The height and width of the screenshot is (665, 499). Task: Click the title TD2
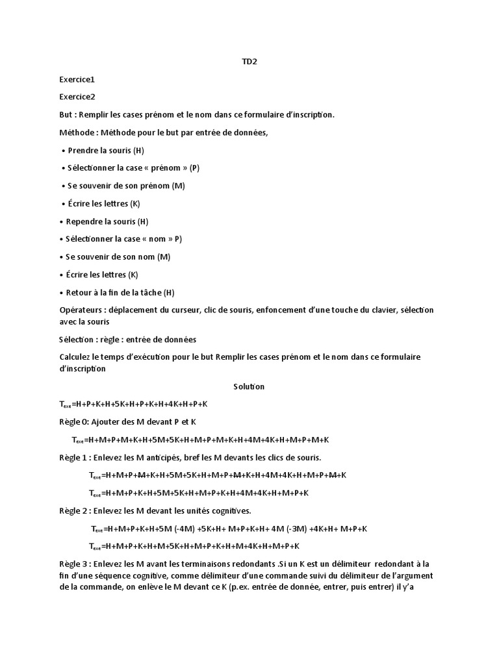(249, 62)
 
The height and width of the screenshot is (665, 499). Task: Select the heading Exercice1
(77, 80)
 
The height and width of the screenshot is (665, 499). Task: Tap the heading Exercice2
(77, 97)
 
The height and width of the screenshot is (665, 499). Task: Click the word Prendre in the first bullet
(82, 151)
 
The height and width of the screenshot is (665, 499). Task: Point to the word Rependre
(83, 221)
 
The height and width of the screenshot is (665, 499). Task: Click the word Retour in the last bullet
(79, 292)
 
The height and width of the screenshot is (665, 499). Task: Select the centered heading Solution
(249, 386)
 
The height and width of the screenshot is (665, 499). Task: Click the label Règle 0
(74, 422)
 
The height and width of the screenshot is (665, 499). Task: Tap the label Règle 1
(74, 458)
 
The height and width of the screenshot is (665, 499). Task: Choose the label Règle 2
(74, 510)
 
